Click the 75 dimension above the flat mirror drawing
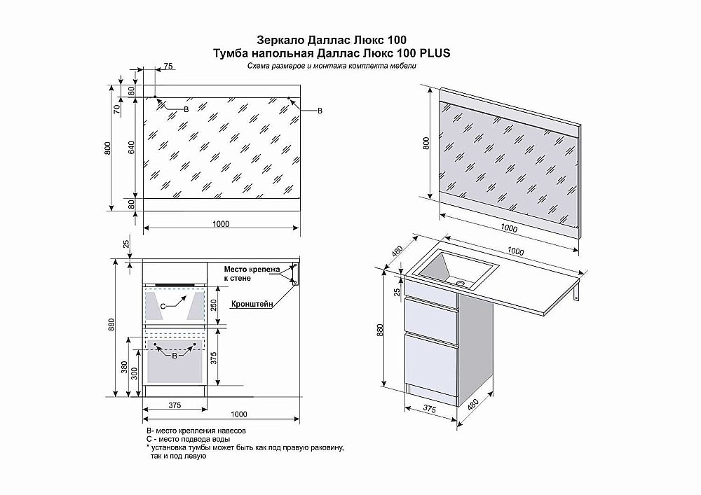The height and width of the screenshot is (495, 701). [x=168, y=67]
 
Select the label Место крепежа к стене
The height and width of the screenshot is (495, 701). [x=251, y=273]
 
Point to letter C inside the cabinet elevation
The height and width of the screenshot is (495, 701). [x=163, y=307]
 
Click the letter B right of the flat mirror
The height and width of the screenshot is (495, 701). [x=320, y=111]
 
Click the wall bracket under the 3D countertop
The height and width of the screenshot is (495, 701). [x=576, y=291]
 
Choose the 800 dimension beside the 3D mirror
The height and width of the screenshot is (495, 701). [x=426, y=144]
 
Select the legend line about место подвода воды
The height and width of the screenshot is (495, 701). [x=189, y=439]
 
